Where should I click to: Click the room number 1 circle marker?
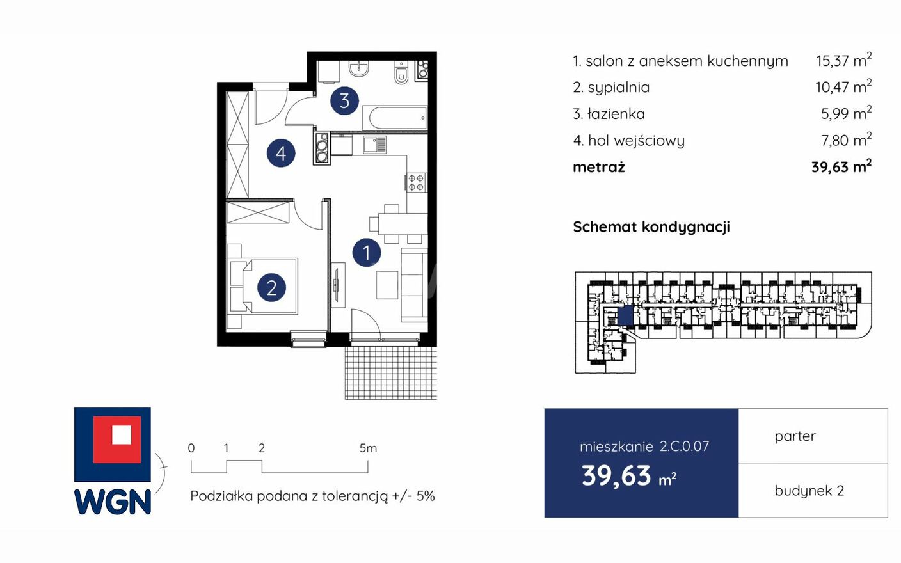(367, 253)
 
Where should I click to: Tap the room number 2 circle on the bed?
(271, 288)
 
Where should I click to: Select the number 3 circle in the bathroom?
(344, 100)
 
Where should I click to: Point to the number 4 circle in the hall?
(281, 153)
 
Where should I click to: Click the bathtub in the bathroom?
(395, 118)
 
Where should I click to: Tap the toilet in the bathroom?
(401, 73)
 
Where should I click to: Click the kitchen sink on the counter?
(374, 145)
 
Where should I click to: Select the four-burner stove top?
(417, 182)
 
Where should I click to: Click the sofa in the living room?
(414, 285)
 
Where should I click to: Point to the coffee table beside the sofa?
(387, 285)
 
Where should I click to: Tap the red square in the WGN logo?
(117, 440)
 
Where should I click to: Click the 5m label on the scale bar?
(368, 448)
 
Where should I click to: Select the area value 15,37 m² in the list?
(843, 60)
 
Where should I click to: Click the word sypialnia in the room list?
(619, 88)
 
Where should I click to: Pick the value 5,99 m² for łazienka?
(847, 113)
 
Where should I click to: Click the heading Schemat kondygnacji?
(651, 227)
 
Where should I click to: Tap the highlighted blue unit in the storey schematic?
(625, 315)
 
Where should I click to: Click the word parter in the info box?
(795, 436)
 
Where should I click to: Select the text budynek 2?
(809, 491)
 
